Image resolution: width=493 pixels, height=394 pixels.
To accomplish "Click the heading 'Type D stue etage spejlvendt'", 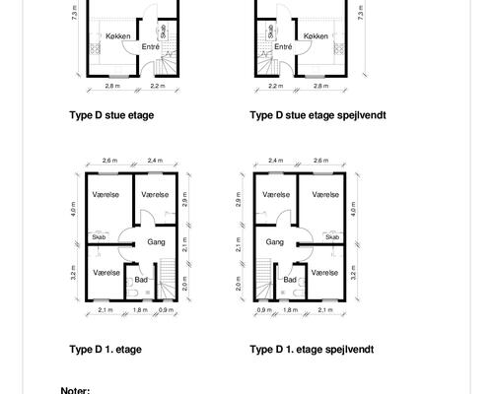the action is (317, 115).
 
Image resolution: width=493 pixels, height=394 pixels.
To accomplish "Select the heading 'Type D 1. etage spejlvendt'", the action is (312, 349).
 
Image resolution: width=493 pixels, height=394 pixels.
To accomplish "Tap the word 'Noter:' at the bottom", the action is (75, 390).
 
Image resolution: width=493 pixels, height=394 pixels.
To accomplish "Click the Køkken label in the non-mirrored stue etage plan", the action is (118, 36).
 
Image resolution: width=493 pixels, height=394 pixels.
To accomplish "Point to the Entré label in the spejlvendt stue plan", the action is (283, 47).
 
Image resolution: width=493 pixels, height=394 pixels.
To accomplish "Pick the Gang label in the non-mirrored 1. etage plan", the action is (156, 242).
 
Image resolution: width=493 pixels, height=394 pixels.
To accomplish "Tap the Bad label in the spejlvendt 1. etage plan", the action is (290, 280).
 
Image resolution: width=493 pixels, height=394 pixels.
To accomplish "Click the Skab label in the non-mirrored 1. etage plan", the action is (99, 236).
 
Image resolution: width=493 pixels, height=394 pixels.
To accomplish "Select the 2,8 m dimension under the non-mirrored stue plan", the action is (112, 86).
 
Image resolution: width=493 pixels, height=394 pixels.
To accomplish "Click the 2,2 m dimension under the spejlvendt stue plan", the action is (275, 86).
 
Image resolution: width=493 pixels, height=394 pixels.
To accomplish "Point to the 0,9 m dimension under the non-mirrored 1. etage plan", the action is (166, 309).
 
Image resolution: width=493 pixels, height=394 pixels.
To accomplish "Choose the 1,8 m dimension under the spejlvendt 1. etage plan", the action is (290, 309).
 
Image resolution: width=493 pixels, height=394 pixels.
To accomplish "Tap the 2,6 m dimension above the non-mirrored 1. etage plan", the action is (109, 161).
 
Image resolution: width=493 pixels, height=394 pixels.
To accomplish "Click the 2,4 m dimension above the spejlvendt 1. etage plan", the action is (275, 161).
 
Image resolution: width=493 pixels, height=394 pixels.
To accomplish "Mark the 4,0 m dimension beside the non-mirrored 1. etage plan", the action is (73, 209).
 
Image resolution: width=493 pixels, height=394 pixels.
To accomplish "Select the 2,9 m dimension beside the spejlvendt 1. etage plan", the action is (239, 199).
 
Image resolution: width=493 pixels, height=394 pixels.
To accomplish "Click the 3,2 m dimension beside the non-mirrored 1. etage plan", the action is (73, 273).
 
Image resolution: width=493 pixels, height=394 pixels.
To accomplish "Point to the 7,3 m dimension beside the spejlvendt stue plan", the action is (361, 13).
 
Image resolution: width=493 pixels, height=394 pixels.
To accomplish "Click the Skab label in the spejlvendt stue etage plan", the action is (270, 32).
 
